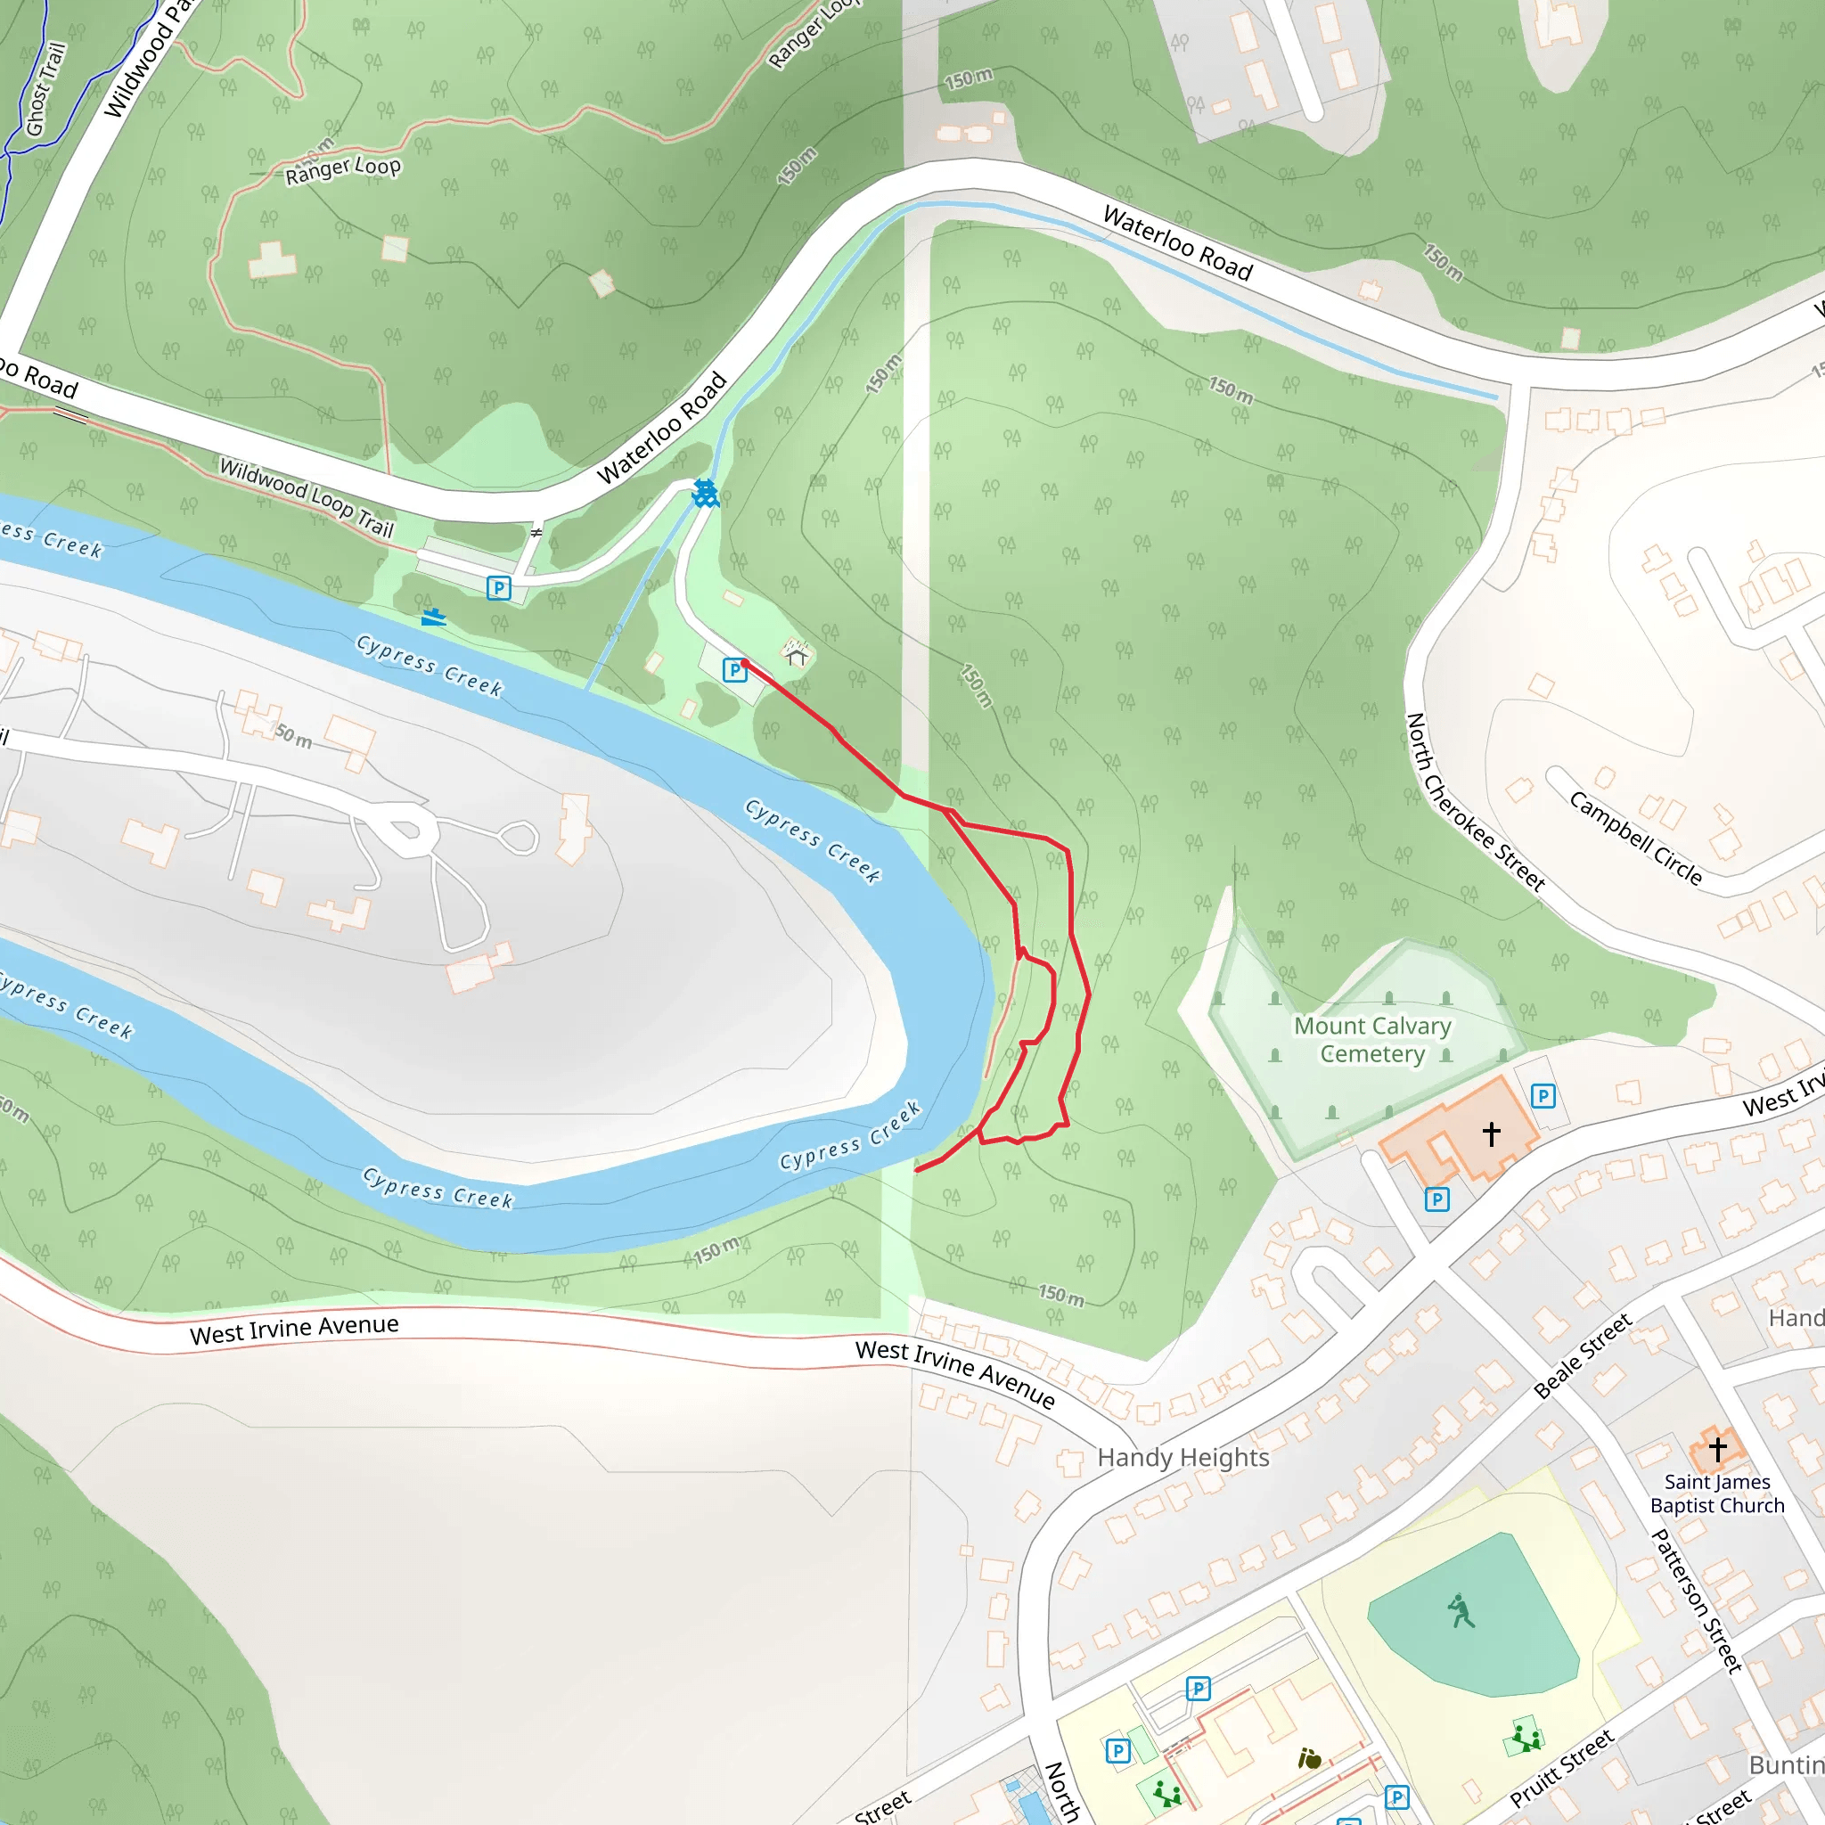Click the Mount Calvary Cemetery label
coord(1371,1039)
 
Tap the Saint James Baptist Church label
coord(1717,1494)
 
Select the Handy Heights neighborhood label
coord(1183,1458)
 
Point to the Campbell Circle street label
coord(1635,838)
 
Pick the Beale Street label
coord(1583,1355)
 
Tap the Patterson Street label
coord(1696,1600)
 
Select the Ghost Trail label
coord(45,89)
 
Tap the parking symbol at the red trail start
coord(734,671)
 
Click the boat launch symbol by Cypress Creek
coord(434,618)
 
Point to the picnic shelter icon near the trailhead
coord(797,654)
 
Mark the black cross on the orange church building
coord(1491,1133)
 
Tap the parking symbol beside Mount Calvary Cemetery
coord(1543,1096)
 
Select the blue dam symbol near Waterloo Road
coord(705,493)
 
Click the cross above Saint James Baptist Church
coord(1717,1448)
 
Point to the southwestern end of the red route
coord(916,1170)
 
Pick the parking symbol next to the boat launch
coord(499,588)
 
